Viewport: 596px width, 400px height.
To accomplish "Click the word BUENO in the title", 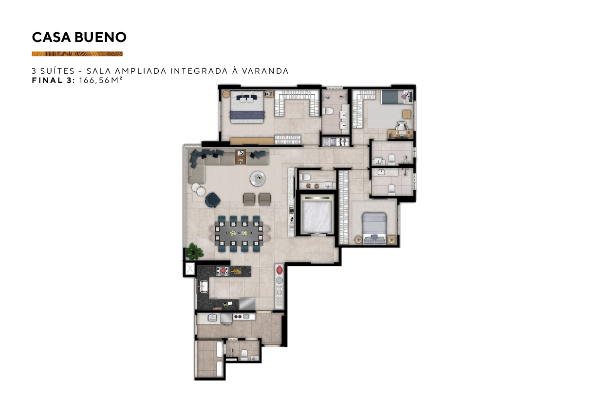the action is (x=100, y=37).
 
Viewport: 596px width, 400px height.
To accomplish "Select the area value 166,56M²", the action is (x=101, y=80).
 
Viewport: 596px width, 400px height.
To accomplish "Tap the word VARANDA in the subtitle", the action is (x=265, y=71).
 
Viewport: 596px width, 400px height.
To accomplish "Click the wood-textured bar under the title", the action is (x=77, y=54).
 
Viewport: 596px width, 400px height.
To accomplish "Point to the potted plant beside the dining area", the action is (x=194, y=251).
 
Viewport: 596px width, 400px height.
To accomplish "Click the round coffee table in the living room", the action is (x=258, y=179).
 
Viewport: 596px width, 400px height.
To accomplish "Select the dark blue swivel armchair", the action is (x=213, y=200).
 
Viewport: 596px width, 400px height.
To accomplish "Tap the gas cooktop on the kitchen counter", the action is (x=222, y=271).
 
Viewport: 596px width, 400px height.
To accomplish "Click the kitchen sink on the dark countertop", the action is (x=204, y=287).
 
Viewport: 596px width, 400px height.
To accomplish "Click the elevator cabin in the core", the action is (x=317, y=215).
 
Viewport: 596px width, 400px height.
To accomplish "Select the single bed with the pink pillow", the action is (x=397, y=97).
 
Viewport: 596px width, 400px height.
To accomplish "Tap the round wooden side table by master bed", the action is (x=226, y=94).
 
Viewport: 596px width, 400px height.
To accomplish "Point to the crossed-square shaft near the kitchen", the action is (x=190, y=269).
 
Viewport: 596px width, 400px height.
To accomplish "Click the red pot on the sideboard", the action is (x=279, y=270).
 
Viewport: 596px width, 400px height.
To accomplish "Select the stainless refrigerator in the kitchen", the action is (x=247, y=303).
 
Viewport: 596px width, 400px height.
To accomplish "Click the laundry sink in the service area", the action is (x=212, y=318).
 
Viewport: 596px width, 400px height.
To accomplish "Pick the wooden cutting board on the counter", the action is (x=236, y=271).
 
